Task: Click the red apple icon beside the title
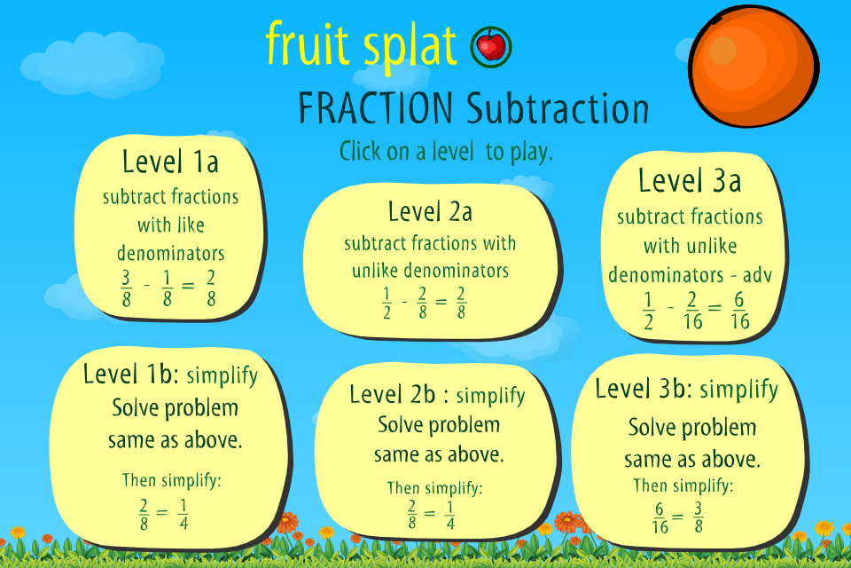click(x=491, y=47)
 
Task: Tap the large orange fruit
click(x=753, y=67)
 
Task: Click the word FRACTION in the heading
click(x=376, y=108)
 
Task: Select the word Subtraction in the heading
click(x=558, y=108)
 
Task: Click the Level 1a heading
click(x=170, y=162)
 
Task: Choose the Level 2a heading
click(x=430, y=211)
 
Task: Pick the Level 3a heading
click(x=690, y=180)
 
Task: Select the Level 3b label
click(x=644, y=389)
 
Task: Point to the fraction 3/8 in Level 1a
click(x=126, y=288)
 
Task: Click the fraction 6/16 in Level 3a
click(x=739, y=311)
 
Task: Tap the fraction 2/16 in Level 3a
click(x=693, y=311)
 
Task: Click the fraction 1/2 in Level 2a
click(x=386, y=304)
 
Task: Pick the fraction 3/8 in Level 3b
click(x=698, y=517)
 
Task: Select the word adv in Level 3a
click(x=758, y=275)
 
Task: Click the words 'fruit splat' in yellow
click(x=362, y=43)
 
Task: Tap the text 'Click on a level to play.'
click(x=446, y=151)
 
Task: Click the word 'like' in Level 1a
click(x=191, y=225)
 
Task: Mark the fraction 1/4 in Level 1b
click(x=183, y=514)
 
